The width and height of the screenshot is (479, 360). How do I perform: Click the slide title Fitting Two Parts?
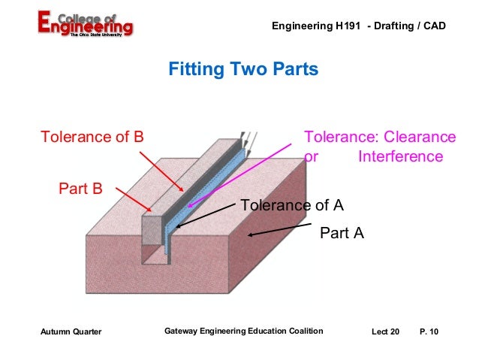click(x=243, y=70)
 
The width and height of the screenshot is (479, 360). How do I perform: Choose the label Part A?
click(x=342, y=234)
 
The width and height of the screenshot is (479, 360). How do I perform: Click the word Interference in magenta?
click(x=400, y=157)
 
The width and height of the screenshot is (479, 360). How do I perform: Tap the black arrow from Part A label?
click(x=279, y=231)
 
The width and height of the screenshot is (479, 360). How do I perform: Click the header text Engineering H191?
click(x=315, y=26)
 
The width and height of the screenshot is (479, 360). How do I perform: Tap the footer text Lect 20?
click(x=386, y=331)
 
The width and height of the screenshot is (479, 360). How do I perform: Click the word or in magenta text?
click(x=310, y=157)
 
